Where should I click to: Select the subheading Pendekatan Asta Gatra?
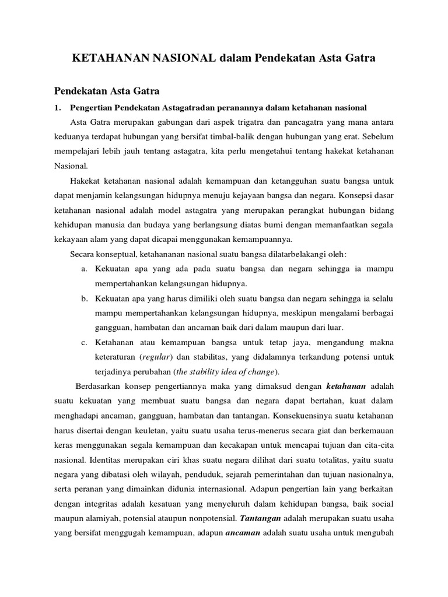point(107,91)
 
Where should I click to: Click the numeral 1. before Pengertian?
point(57,107)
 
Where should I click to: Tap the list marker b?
point(85,299)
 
